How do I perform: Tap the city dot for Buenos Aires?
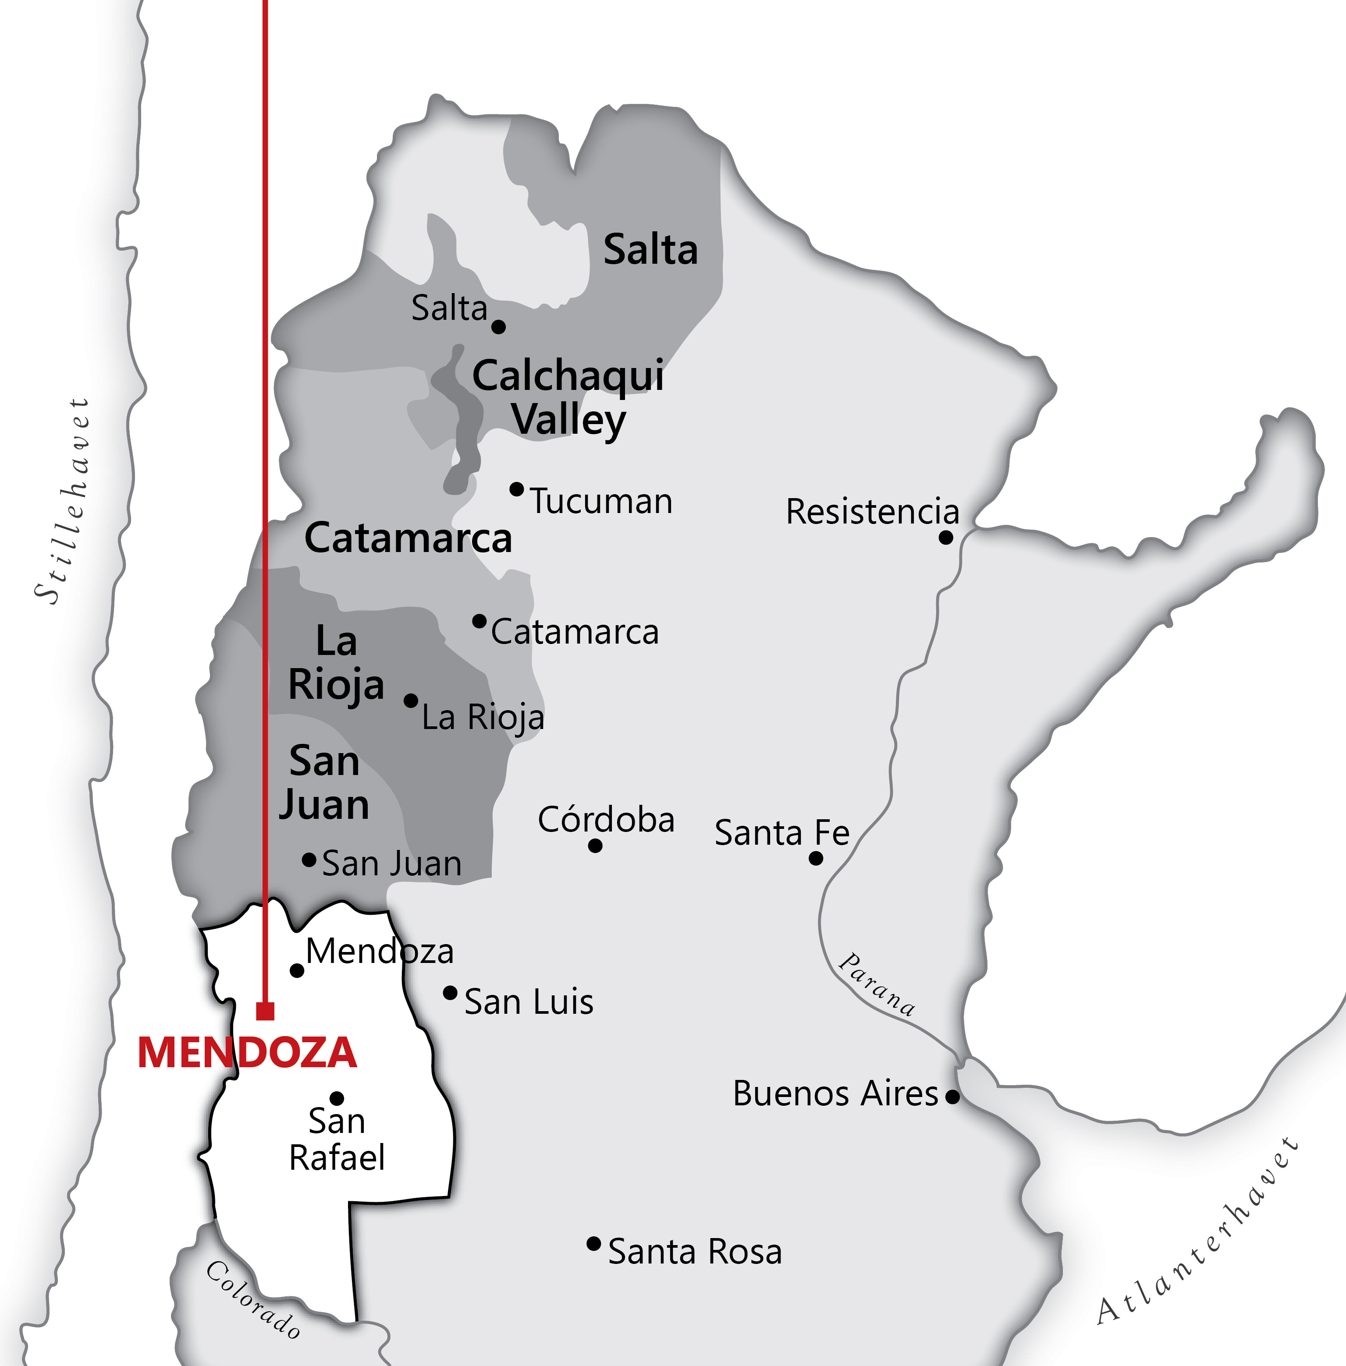pos(952,1097)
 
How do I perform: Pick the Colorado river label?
pos(253,1300)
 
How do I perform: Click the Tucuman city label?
pos(601,502)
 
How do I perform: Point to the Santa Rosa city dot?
pos(594,1244)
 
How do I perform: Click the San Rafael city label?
pos(337,1139)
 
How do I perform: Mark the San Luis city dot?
pos(450,993)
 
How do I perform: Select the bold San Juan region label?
pos(324,783)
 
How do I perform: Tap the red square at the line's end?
pos(265,1011)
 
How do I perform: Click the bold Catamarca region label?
pos(408,538)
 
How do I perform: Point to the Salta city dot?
pos(498,326)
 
